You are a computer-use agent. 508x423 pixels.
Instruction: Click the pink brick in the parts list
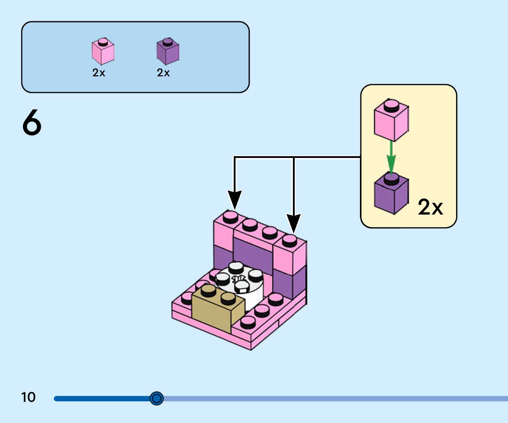(x=103, y=51)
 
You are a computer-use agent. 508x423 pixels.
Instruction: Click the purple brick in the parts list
(x=168, y=51)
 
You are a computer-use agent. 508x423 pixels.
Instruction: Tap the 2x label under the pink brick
(x=99, y=72)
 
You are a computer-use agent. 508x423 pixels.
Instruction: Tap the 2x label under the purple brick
(x=163, y=72)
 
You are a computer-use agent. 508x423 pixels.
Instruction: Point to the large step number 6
(x=32, y=122)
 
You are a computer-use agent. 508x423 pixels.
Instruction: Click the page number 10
(x=28, y=397)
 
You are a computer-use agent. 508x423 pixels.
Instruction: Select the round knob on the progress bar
(x=156, y=398)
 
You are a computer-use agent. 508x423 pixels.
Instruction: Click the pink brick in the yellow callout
(x=391, y=120)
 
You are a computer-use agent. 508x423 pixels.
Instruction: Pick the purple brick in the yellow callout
(x=391, y=193)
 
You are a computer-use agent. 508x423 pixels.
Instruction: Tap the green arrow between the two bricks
(x=391, y=158)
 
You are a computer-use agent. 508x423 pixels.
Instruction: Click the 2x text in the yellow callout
(x=431, y=207)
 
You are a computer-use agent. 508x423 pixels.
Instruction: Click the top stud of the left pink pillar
(x=231, y=217)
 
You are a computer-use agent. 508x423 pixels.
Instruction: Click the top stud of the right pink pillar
(x=289, y=241)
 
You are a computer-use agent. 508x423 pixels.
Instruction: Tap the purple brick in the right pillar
(x=290, y=282)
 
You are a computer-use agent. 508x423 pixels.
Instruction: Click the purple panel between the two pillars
(x=253, y=254)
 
